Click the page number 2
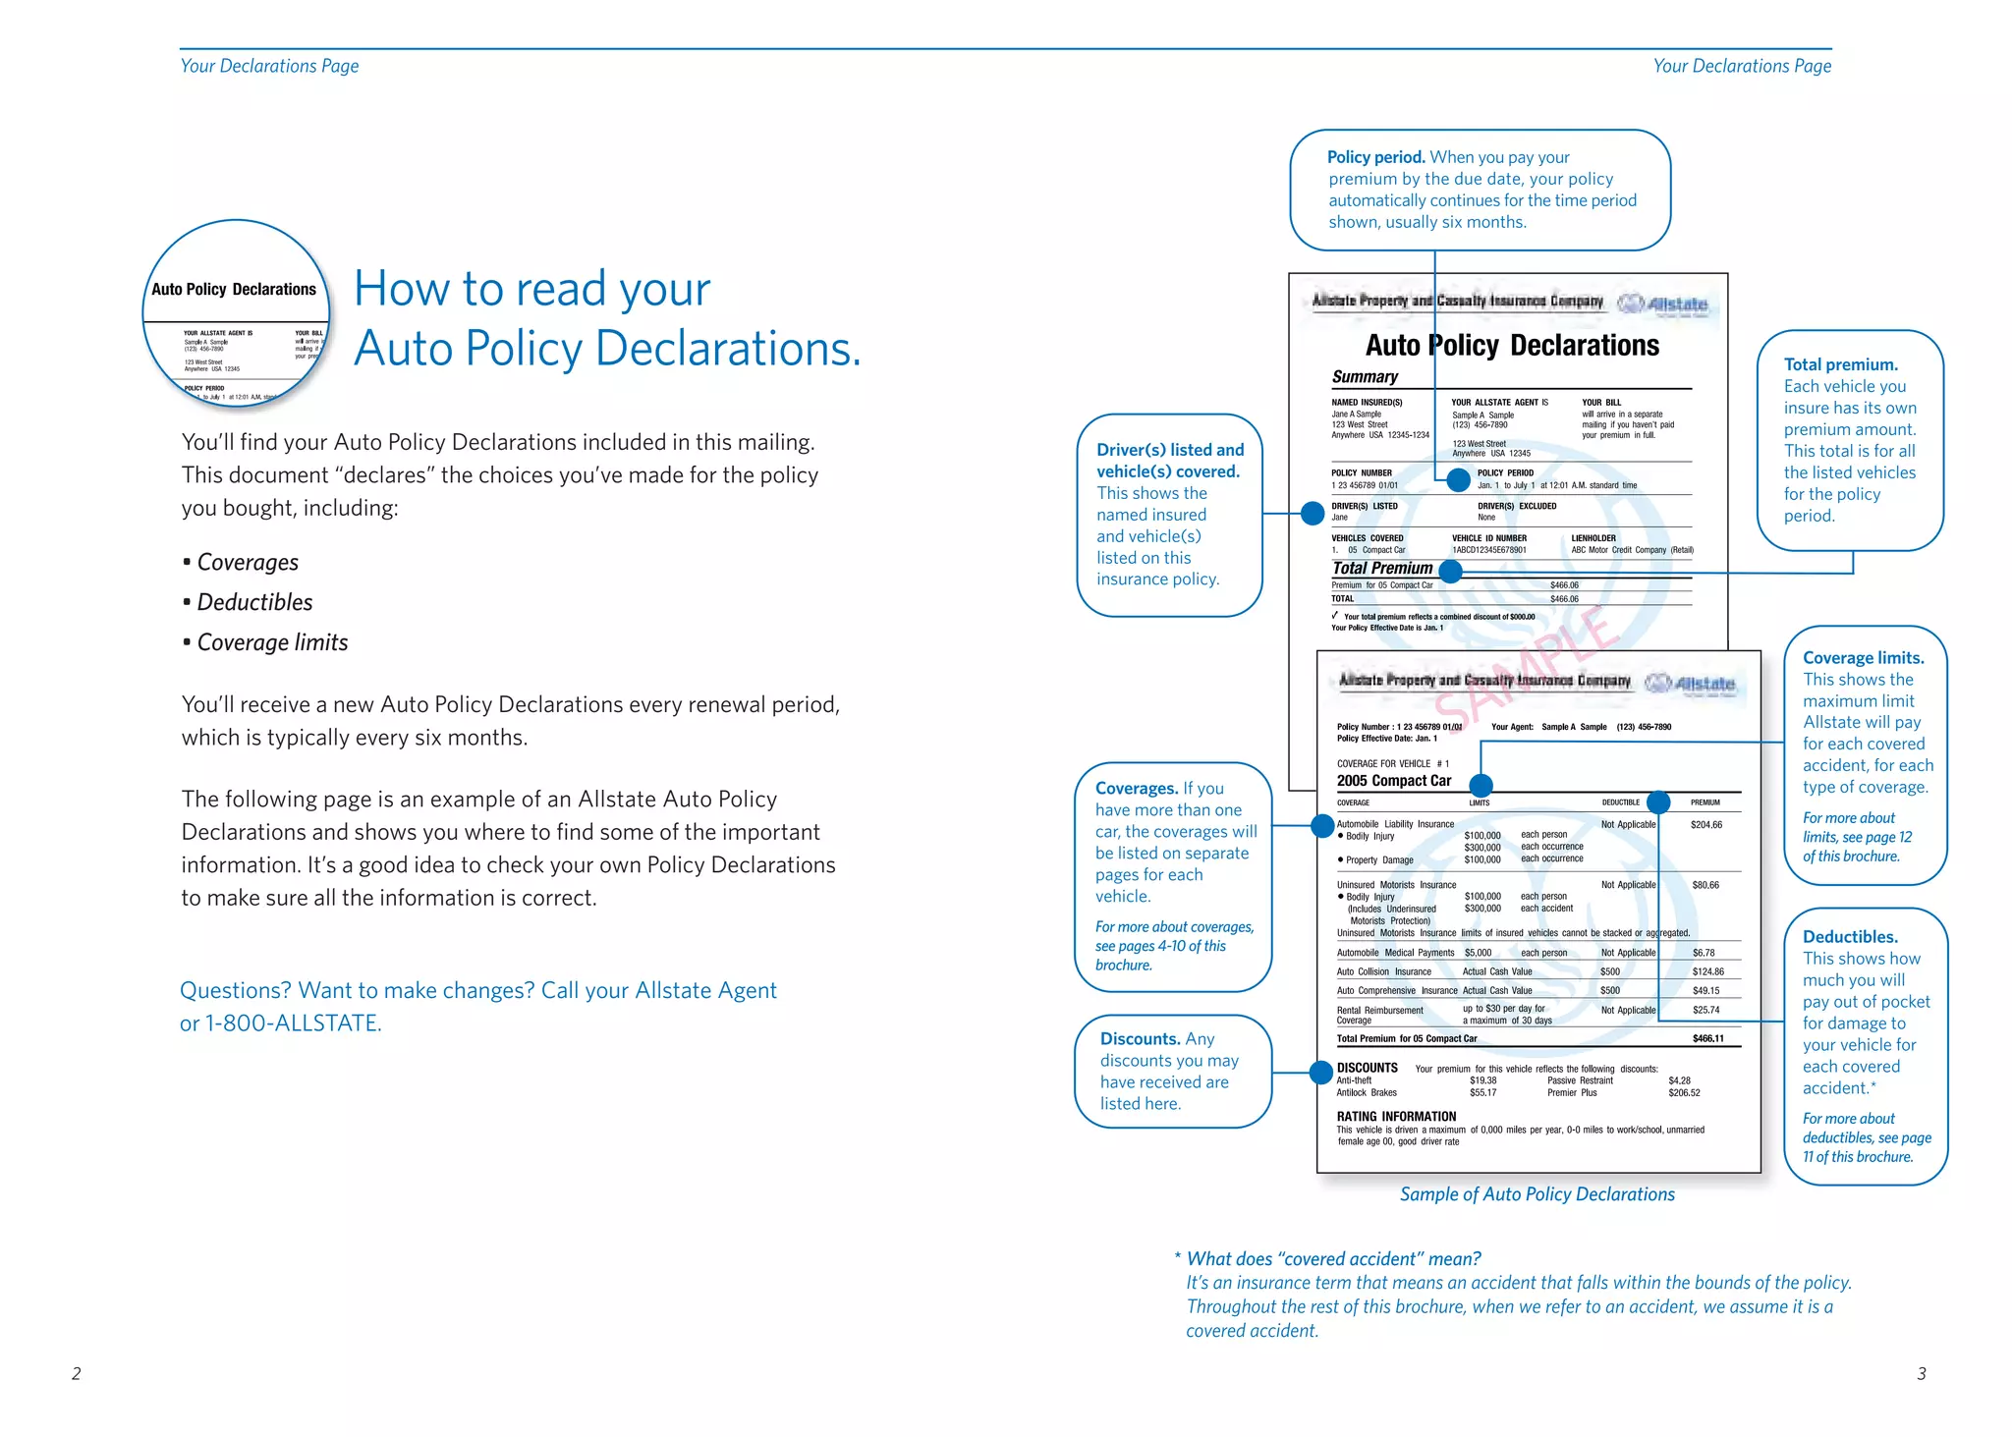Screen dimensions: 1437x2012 point(76,1373)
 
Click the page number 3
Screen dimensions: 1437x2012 point(1921,1373)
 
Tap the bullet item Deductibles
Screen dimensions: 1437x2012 point(254,602)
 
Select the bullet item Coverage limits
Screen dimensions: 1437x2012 point(272,642)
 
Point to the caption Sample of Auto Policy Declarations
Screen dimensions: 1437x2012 point(1537,1194)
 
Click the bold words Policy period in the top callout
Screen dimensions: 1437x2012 point(1375,157)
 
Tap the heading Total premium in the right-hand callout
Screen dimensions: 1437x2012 point(1840,364)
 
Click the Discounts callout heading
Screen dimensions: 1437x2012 point(1140,1039)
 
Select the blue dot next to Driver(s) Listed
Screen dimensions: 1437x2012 point(1313,513)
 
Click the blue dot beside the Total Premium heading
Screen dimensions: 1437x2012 point(1450,570)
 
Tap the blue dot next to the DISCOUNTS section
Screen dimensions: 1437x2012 point(1322,1073)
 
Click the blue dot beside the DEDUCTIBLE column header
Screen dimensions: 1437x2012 point(1658,802)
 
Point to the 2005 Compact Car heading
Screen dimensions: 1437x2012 point(1393,781)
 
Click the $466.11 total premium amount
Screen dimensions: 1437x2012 point(1707,1038)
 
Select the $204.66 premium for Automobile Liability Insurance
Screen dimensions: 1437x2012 point(1705,825)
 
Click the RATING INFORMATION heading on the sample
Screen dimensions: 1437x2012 point(1396,1117)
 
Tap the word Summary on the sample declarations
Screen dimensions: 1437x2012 point(1365,377)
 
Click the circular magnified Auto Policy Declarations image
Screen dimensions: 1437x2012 point(236,312)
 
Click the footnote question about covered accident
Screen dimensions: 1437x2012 point(1333,1259)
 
